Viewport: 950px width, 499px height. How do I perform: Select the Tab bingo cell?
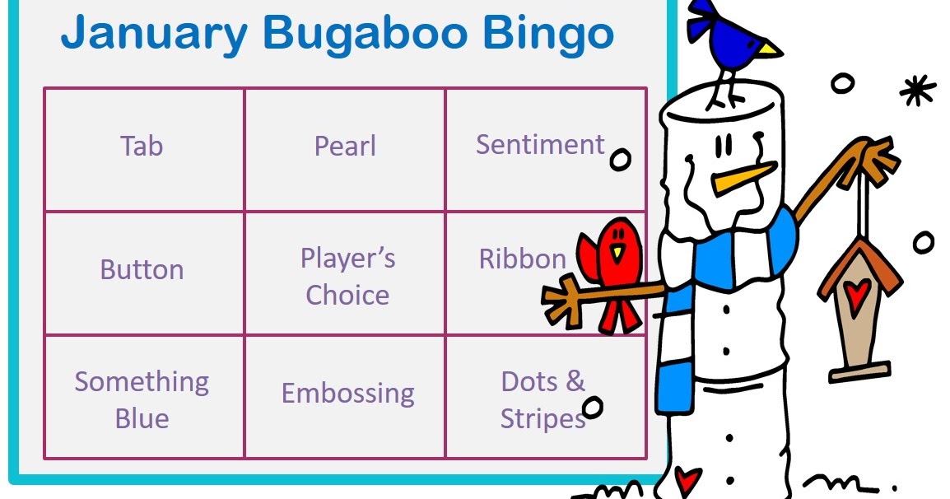point(142,147)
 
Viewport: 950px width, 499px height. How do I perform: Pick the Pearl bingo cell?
point(345,147)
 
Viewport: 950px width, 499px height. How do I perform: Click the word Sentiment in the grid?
point(540,145)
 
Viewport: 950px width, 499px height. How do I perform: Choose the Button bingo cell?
point(142,270)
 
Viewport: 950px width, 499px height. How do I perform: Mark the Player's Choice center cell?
point(347,277)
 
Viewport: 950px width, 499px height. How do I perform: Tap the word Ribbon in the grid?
point(522,259)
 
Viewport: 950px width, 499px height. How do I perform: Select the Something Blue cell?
point(142,399)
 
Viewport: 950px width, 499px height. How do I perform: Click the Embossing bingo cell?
point(347,393)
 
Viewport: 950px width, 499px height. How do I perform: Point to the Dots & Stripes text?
point(543,399)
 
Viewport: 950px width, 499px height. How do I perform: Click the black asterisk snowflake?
point(916,90)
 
